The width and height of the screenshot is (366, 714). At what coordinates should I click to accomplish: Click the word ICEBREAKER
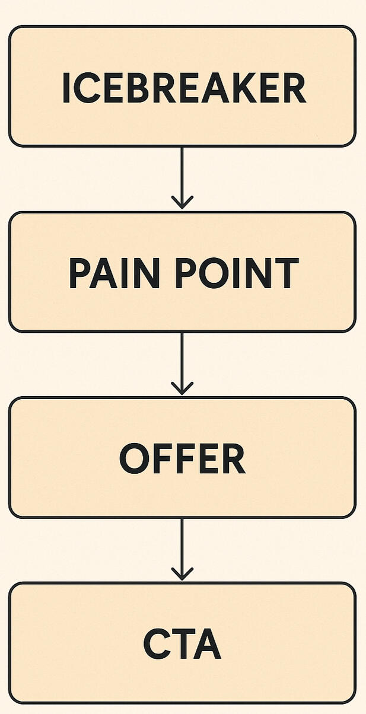click(x=184, y=88)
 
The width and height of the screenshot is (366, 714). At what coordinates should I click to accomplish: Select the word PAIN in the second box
click(x=114, y=273)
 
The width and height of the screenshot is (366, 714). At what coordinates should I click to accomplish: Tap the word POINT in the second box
click(x=237, y=273)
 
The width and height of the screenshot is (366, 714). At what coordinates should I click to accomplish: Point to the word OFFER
click(x=182, y=458)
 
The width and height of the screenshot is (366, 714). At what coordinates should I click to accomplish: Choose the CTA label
click(x=182, y=643)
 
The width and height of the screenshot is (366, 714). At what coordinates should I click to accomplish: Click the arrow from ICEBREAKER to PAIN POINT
click(x=182, y=178)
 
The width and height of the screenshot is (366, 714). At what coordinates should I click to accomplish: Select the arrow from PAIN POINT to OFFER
click(x=182, y=364)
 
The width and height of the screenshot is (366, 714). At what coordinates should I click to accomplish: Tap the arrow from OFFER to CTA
click(x=182, y=549)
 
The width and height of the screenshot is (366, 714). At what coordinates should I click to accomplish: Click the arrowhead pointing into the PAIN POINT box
click(x=182, y=203)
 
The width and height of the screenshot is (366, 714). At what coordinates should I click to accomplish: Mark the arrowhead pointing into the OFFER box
click(x=182, y=388)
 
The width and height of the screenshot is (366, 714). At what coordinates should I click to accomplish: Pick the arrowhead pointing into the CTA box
click(x=182, y=574)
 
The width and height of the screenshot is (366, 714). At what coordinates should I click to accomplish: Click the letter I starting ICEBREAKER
click(x=66, y=88)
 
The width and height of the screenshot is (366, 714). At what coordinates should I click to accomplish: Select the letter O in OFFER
click(x=134, y=458)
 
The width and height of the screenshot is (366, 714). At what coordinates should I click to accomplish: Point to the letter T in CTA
click(x=180, y=644)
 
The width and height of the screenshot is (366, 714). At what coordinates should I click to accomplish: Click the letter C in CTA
click(x=155, y=644)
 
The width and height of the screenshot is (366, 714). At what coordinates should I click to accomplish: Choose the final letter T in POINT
click(x=286, y=273)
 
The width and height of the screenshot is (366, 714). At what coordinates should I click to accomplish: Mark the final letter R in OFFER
click(x=234, y=458)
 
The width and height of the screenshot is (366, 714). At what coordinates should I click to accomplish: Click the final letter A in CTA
click(x=206, y=644)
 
